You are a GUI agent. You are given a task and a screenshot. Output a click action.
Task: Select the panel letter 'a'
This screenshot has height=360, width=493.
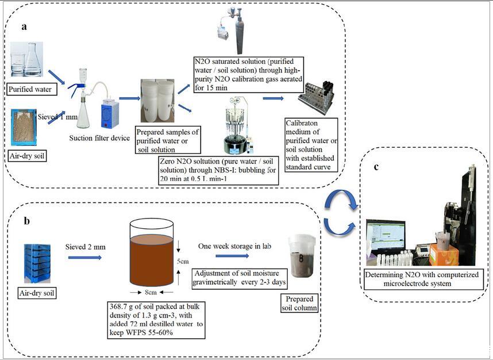click(x=24, y=26)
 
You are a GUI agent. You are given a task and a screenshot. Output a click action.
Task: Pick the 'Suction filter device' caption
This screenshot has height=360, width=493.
click(x=99, y=138)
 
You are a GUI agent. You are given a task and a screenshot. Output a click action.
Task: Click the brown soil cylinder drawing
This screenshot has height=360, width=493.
click(x=151, y=256)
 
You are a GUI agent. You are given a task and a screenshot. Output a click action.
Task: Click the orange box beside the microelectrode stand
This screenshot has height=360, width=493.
click(x=444, y=254)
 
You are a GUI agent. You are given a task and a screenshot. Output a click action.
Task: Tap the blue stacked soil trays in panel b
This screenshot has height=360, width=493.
click(x=36, y=263)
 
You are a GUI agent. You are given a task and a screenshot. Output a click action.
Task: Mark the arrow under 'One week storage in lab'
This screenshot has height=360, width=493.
click(x=232, y=256)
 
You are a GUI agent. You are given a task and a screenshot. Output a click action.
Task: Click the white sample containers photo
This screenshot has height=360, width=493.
click(x=157, y=101)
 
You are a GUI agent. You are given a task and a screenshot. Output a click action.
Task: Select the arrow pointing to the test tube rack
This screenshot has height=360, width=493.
click(x=274, y=98)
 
